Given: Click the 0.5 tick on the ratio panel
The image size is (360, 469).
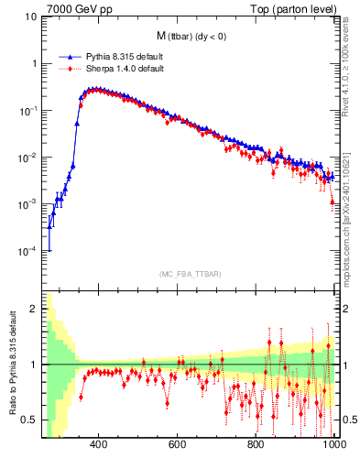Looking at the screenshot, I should [x=29, y=420].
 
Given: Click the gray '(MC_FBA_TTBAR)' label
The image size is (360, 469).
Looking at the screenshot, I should [x=190, y=274].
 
